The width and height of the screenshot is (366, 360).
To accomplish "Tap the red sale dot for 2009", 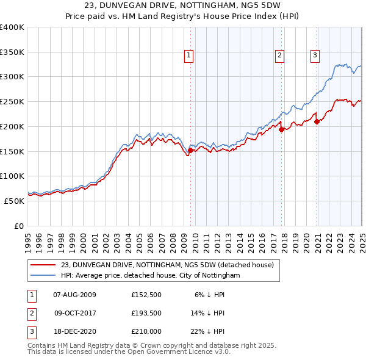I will point(190,150).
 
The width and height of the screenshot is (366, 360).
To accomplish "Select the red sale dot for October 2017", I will point(281,129).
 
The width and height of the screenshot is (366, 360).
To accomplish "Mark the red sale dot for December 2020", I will point(317,121).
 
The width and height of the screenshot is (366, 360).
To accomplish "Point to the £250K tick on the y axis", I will point(12,101).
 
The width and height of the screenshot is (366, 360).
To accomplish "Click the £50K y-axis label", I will point(14,201).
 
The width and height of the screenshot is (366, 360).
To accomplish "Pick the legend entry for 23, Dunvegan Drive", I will point(168,265).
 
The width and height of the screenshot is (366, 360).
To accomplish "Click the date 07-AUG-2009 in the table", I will point(74,295).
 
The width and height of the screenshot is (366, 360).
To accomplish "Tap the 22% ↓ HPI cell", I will point(207,333).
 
